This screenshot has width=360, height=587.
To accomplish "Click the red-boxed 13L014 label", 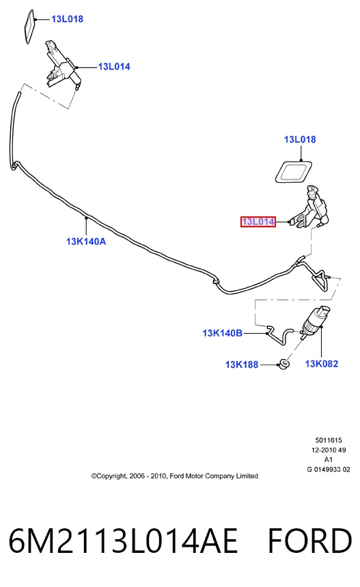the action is pyautogui.click(x=258, y=222).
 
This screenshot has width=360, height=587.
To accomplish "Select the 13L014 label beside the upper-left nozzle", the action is pyautogui.click(x=114, y=67).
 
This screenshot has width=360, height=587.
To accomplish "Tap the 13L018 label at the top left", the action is pyautogui.click(x=67, y=19).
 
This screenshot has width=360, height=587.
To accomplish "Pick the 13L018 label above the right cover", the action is pyautogui.click(x=300, y=140).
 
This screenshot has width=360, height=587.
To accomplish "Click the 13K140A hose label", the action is pyautogui.click(x=86, y=242).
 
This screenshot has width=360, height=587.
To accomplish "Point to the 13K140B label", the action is pyautogui.click(x=222, y=333).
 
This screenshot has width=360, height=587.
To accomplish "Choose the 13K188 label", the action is pyautogui.click(x=242, y=364).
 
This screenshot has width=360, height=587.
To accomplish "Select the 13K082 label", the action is pyautogui.click(x=322, y=364).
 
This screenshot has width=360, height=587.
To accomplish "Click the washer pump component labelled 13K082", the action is pyautogui.click(x=315, y=321).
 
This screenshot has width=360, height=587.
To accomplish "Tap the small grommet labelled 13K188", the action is pyautogui.click(x=285, y=364).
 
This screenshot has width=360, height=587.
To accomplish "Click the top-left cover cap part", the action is pyautogui.click(x=29, y=26).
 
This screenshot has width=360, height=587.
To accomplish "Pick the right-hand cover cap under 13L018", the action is pyautogui.click(x=294, y=172).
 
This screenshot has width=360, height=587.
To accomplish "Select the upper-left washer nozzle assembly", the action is pyautogui.click(x=63, y=64).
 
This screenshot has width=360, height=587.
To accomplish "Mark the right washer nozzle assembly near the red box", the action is pyautogui.click(x=310, y=207).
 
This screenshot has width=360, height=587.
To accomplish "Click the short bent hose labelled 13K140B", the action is pyautogui.click(x=280, y=334).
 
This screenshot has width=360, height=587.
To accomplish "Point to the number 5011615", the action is pyautogui.click(x=329, y=440).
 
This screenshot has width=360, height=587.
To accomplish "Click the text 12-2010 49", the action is pyautogui.click(x=329, y=450).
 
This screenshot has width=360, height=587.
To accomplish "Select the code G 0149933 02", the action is pyautogui.click(x=329, y=470).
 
